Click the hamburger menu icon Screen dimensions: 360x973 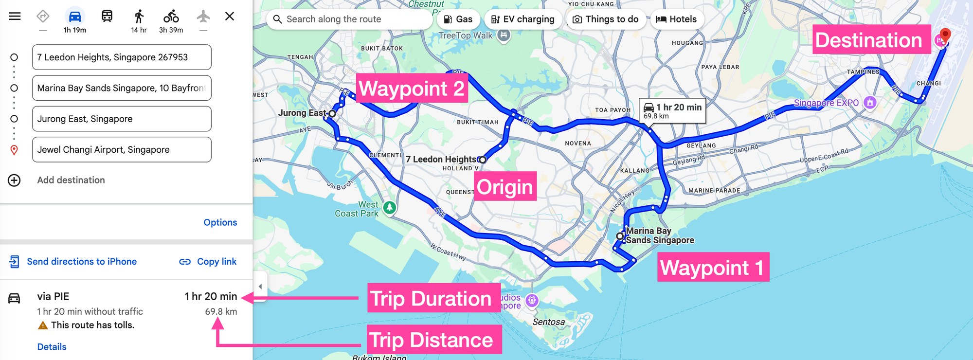click(15, 17)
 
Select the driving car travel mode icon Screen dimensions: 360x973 click(75, 17)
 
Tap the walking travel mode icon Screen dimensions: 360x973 click(139, 17)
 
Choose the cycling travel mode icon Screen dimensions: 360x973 click(171, 17)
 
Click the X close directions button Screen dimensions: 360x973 click(230, 17)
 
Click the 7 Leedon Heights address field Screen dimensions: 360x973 click(122, 57)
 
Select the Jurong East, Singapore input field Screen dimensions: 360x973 click(122, 119)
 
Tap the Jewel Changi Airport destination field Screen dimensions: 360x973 click(122, 150)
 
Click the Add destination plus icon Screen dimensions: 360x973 click(14, 180)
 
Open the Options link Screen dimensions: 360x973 click(220, 222)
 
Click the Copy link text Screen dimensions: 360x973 click(216, 262)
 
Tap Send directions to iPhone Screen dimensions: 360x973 click(81, 262)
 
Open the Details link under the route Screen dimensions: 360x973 click(52, 347)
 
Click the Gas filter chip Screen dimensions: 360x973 click(458, 19)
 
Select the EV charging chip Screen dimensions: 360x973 click(523, 19)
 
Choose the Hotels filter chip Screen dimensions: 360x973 click(677, 19)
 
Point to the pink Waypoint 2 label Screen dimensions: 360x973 click(412, 88)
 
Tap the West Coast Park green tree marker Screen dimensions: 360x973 click(389, 208)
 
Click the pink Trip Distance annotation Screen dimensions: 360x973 click(432, 340)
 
